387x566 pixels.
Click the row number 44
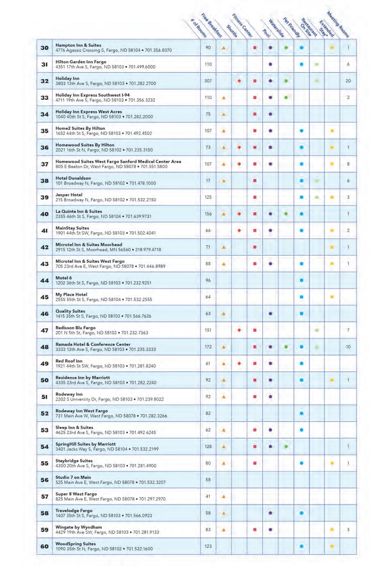pyautogui.click(x=45, y=281)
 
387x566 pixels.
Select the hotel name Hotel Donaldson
pyautogui.click(x=73, y=178)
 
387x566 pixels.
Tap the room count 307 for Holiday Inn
pyautogui.click(x=208, y=81)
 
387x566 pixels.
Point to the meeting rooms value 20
pyautogui.click(x=348, y=81)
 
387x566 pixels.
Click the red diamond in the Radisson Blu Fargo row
pyautogui.click(x=239, y=330)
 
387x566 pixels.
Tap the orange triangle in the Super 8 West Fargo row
pyautogui.click(x=224, y=497)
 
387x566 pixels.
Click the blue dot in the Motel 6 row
pyautogui.click(x=301, y=280)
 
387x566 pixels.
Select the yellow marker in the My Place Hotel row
pyautogui.click(x=332, y=297)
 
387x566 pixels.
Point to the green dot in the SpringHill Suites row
pyautogui.click(x=286, y=446)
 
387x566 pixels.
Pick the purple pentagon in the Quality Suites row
pyautogui.click(x=270, y=314)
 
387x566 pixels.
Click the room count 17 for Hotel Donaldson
pyautogui.click(x=208, y=181)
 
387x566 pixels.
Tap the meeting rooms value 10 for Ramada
pyautogui.click(x=348, y=347)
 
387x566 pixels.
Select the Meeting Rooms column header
pyautogui.click(x=338, y=25)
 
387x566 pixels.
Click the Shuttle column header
pyautogui.click(x=232, y=31)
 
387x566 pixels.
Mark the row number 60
pyautogui.click(x=45, y=547)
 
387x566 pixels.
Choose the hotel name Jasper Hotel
pyautogui.click(x=69, y=195)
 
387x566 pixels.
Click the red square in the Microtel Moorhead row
pyautogui.click(x=255, y=247)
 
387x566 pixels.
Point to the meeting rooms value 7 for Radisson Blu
pyautogui.click(x=348, y=330)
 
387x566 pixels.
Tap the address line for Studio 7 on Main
pyautogui.click(x=110, y=483)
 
